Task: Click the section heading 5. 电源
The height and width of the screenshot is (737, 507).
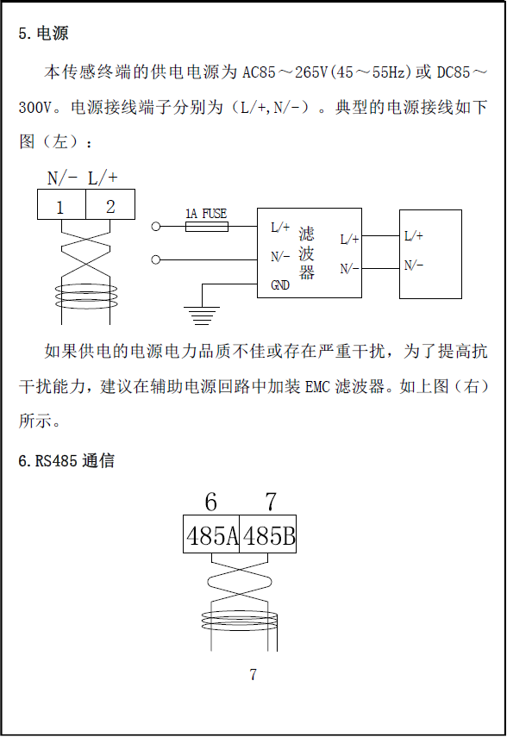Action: (x=43, y=34)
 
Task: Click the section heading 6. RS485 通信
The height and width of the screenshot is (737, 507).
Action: (x=66, y=460)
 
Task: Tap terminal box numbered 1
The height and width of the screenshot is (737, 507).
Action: (x=61, y=204)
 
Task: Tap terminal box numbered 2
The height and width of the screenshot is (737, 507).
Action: (x=110, y=204)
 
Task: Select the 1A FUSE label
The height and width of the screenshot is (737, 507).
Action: (x=206, y=214)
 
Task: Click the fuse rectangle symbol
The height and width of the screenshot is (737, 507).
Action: (x=207, y=227)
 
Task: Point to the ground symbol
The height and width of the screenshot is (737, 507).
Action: (x=201, y=315)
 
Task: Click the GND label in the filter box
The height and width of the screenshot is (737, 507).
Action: (x=280, y=285)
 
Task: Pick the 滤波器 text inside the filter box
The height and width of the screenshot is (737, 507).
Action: (x=306, y=253)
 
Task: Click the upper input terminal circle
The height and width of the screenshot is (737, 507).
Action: (x=156, y=227)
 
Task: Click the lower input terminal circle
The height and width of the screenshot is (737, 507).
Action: (x=156, y=259)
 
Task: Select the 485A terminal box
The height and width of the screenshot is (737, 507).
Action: (x=211, y=534)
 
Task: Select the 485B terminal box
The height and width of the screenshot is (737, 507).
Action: (x=268, y=534)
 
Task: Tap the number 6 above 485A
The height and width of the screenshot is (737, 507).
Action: (x=210, y=502)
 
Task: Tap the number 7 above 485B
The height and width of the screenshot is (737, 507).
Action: (x=271, y=502)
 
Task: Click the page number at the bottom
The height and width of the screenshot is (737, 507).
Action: (x=253, y=674)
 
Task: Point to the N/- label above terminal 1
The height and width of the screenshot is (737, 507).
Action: (x=63, y=178)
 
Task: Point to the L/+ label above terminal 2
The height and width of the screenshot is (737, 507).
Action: (x=103, y=178)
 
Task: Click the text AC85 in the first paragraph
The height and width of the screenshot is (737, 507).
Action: (x=260, y=72)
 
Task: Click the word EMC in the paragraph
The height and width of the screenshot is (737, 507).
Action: (x=317, y=386)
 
